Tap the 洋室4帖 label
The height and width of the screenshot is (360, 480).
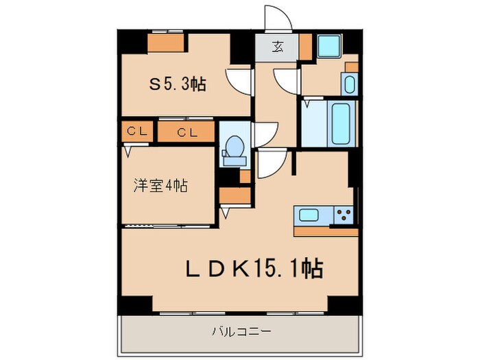(x=160, y=185)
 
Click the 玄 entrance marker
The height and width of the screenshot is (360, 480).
(x=278, y=47)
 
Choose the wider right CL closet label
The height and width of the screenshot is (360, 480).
(x=187, y=132)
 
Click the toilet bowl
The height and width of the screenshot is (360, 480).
(x=234, y=147)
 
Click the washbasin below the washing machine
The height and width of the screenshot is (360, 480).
(x=348, y=85)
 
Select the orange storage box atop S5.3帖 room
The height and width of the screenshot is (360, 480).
(x=167, y=43)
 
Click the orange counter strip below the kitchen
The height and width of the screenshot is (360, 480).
(x=325, y=232)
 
